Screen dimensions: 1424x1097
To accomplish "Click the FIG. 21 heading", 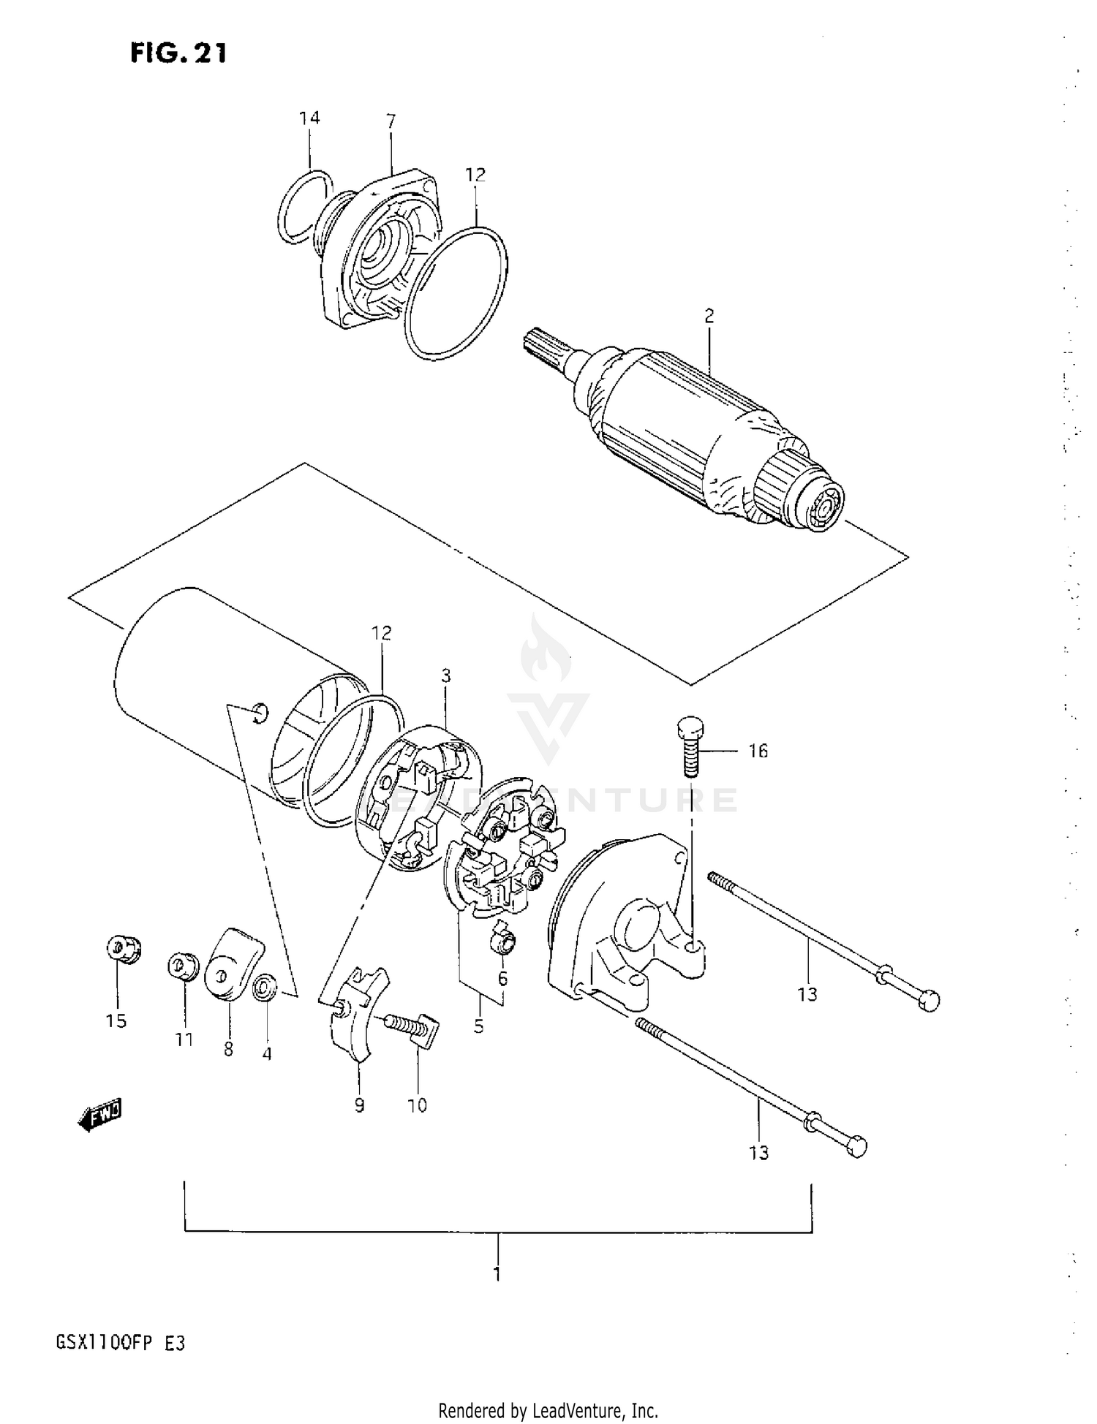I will (178, 53).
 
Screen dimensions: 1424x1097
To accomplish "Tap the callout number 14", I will (309, 118).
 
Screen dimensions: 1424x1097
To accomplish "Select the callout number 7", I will (391, 121).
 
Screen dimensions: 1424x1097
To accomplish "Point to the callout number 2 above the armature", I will (709, 316).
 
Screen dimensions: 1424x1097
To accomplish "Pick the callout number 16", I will (758, 751).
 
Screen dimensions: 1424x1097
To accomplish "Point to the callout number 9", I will (359, 1105).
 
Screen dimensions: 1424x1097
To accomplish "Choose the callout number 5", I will (478, 1026).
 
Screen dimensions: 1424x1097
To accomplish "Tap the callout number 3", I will (446, 675).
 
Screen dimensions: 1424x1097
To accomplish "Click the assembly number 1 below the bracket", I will (497, 1274).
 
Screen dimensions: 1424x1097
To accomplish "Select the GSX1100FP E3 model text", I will (121, 1344).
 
